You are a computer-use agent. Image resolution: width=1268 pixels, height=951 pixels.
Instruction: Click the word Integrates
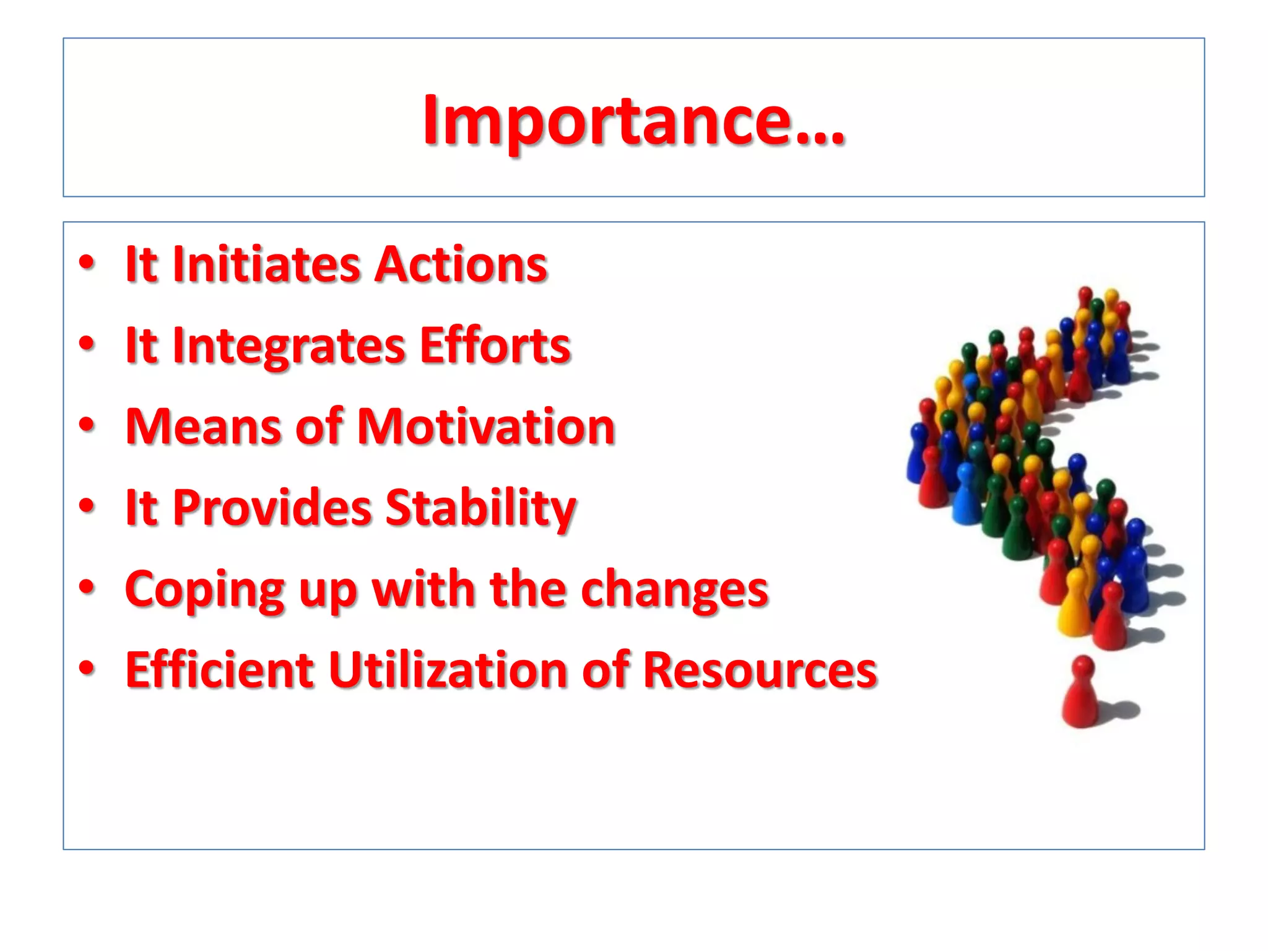click(289, 345)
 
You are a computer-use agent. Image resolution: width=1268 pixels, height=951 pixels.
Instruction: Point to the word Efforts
click(495, 345)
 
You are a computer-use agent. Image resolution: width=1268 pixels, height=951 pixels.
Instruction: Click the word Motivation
click(487, 427)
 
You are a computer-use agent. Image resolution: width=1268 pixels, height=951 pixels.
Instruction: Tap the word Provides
click(272, 508)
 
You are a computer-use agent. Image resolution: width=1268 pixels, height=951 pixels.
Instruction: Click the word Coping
click(204, 589)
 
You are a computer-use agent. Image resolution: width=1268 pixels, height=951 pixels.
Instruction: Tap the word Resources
click(760, 670)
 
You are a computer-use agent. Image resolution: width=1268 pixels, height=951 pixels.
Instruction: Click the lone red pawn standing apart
click(1081, 693)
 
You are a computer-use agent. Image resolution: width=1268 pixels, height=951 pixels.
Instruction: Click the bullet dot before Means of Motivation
click(87, 425)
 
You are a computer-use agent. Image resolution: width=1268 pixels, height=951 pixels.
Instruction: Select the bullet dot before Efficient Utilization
click(87, 669)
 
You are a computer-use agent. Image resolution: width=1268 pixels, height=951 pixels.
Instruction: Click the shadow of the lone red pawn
click(1121, 711)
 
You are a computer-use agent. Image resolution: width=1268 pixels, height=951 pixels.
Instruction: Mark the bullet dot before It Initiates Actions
click(87, 263)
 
